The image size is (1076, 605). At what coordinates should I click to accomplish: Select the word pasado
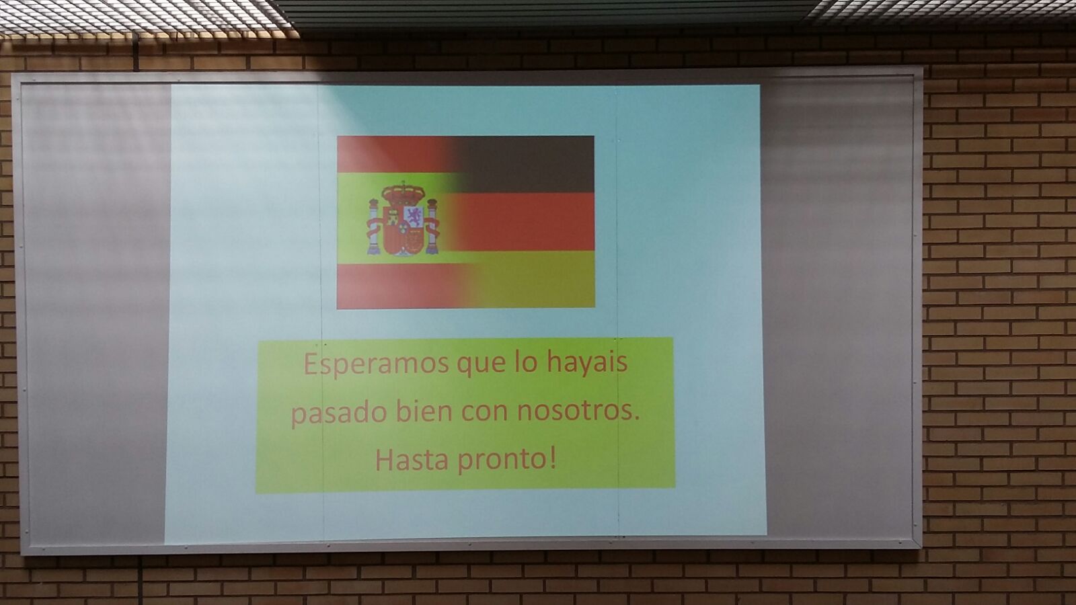click(x=339, y=415)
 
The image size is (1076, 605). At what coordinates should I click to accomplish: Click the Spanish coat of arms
click(x=403, y=219)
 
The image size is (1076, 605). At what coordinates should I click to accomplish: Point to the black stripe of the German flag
click(x=524, y=164)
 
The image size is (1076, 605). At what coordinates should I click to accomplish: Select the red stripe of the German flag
click(x=524, y=222)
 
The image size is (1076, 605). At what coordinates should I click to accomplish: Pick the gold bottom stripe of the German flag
click(x=529, y=280)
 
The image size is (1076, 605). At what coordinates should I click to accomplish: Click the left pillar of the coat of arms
click(x=374, y=226)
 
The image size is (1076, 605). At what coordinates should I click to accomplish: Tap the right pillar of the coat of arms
click(x=433, y=226)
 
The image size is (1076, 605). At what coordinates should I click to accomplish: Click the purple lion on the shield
click(x=414, y=216)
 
